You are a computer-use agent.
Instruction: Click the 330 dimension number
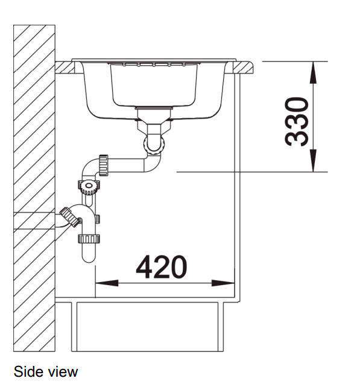(x=297, y=122)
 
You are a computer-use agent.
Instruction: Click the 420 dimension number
(x=161, y=267)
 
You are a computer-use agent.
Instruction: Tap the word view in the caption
(x=63, y=372)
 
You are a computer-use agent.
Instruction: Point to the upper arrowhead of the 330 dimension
(x=313, y=72)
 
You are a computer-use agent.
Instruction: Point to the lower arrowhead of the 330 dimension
(x=313, y=161)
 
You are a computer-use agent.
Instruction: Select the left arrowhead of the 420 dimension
(x=107, y=283)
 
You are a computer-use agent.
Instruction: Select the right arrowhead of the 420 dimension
(x=223, y=283)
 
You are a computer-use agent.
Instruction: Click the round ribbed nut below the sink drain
(x=154, y=144)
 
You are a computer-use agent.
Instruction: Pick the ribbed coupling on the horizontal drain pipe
(x=104, y=165)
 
